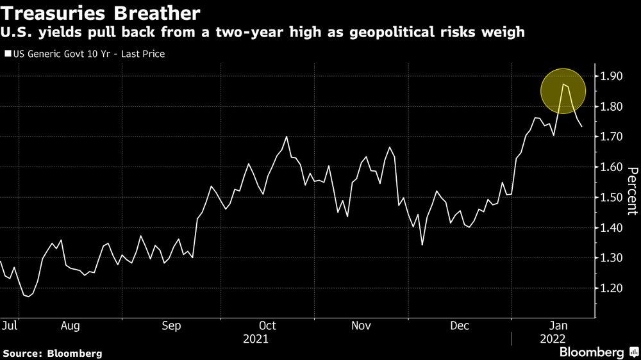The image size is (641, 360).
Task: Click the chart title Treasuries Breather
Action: click(x=101, y=13)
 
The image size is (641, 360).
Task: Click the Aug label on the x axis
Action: click(x=70, y=326)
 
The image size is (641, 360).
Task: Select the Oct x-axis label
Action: click(x=267, y=326)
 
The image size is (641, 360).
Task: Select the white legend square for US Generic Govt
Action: click(x=8, y=54)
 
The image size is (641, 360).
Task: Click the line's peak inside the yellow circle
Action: click(x=563, y=85)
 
